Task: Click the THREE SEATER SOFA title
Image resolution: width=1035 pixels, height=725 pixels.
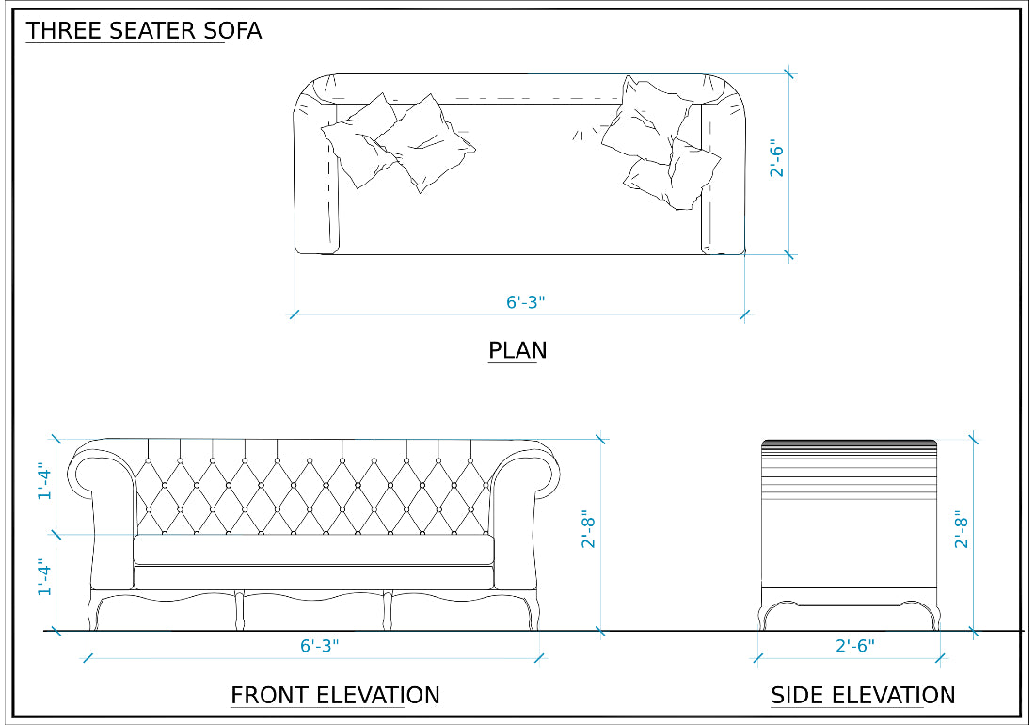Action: click(x=144, y=31)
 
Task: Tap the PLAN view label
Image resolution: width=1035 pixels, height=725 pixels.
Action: click(x=517, y=351)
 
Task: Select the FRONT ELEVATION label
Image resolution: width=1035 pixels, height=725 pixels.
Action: click(x=335, y=696)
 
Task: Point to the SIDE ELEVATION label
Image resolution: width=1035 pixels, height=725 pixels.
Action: click(x=863, y=696)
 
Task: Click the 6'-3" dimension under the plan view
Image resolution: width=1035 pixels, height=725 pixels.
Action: click(x=526, y=303)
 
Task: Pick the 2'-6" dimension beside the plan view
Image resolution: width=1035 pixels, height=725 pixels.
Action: click(x=778, y=159)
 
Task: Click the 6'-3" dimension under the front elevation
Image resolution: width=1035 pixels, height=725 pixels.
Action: click(x=320, y=646)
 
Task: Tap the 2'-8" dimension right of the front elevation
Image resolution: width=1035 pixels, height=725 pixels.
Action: click(x=589, y=531)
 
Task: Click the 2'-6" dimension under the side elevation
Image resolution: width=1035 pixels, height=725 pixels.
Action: click(x=855, y=646)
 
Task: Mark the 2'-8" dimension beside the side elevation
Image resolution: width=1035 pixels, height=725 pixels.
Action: click(x=962, y=531)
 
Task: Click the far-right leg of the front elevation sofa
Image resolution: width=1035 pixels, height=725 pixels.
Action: click(x=533, y=613)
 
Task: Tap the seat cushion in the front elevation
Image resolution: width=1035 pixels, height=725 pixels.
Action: click(x=314, y=550)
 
